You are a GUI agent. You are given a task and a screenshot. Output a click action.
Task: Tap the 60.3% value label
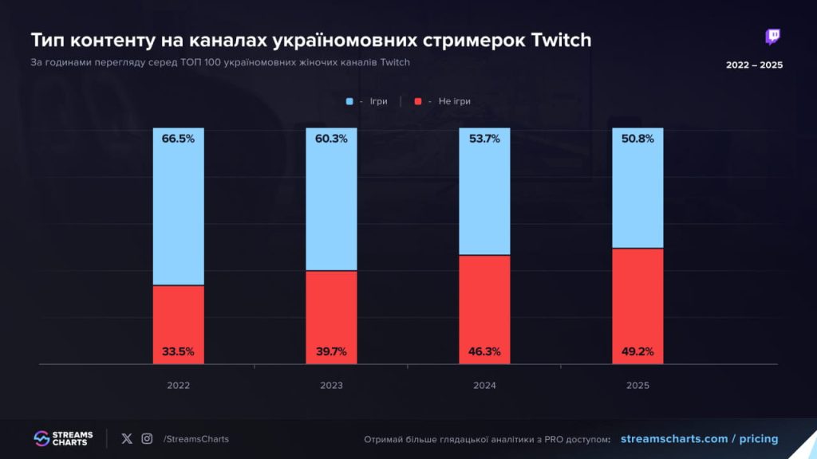(x=331, y=139)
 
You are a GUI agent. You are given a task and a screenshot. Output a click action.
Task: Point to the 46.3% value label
(x=484, y=351)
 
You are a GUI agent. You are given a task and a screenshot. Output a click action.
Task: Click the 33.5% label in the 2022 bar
(x=178, y=351)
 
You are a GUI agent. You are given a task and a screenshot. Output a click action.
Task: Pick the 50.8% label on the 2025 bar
(x=637, y=139)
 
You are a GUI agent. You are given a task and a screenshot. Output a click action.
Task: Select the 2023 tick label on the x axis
(x=331, y=386)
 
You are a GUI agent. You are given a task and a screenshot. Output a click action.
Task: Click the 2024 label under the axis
(x=484, y=386)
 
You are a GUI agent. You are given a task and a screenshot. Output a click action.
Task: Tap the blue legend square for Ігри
(x=349, y=102)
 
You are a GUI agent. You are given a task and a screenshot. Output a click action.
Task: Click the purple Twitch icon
(x=772, y=37)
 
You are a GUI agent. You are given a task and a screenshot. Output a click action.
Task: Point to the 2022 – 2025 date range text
(x=754, y=65)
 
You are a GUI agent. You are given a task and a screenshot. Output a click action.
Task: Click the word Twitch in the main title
(x=559, y=40)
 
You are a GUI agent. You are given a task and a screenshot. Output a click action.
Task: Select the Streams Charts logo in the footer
(x=64, y=438)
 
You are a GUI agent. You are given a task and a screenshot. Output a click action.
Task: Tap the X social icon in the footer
(x=127, y=438)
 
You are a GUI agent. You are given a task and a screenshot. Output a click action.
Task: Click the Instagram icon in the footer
(x=147, y=438)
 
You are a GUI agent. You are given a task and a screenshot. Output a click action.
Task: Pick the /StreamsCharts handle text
(x=195, y=439)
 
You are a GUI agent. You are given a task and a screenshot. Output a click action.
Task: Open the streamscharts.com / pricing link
(x=698, y=439)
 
